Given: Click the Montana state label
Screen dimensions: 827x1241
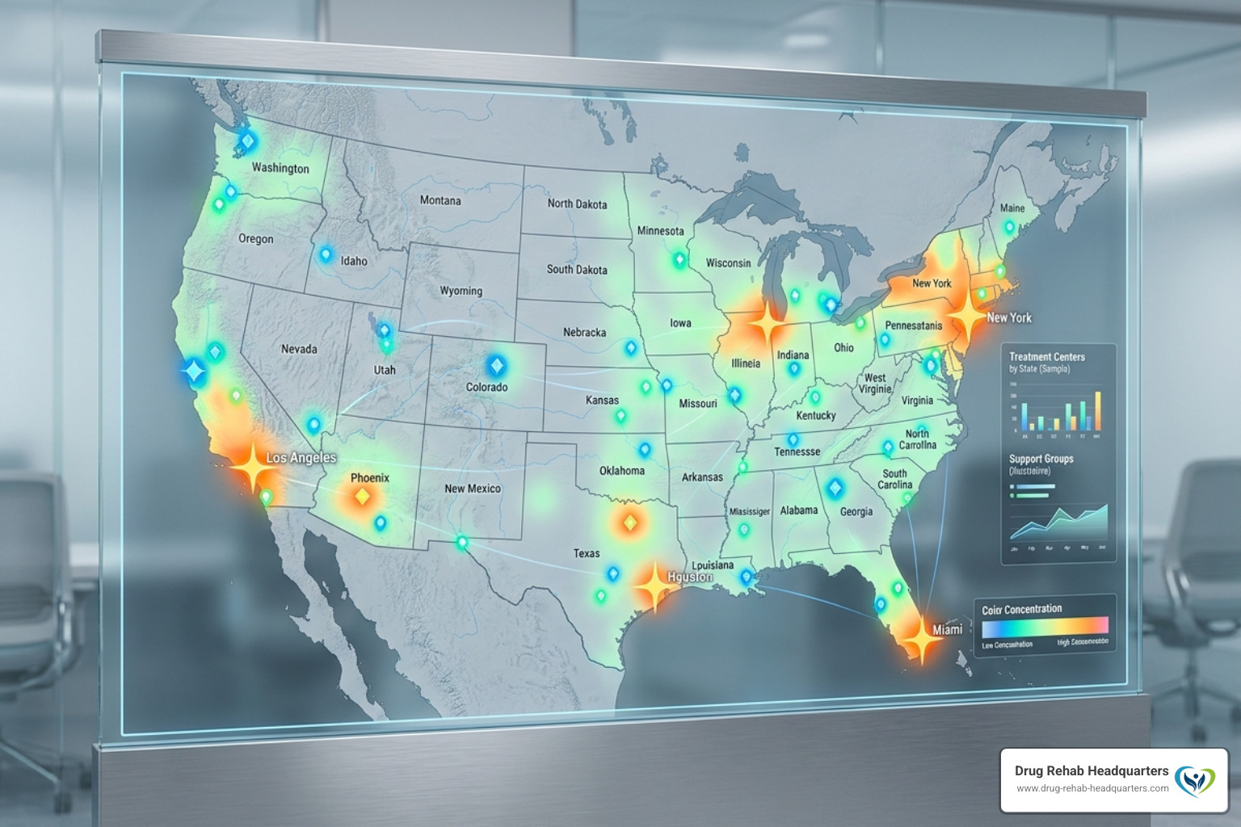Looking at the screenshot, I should coord(440,200).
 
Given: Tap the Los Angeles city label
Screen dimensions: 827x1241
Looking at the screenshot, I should coord(301,458).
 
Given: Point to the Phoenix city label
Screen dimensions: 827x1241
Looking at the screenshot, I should coord(370,478).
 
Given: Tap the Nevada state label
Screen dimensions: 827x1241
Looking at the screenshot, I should coord(299,349).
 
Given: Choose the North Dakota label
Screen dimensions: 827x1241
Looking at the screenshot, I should coord(577,204).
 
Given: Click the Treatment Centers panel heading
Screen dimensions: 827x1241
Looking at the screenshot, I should coord(1046,357).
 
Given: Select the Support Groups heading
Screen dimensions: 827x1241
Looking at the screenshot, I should coord(1041,459).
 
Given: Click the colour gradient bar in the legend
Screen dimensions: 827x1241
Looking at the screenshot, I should coord(1045,626).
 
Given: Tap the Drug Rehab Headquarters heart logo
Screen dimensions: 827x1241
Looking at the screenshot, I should coord(1195,779).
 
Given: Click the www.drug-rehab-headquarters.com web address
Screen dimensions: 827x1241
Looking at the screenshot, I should coord(1092,788).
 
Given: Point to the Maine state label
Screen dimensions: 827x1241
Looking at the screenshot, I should coord(1012,208).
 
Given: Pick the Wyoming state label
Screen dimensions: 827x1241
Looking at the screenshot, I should coord(461,291).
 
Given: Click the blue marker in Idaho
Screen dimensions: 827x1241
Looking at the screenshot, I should coord(326,255).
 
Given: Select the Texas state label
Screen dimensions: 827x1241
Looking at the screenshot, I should coord(587,553).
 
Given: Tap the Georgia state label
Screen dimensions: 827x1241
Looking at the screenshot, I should coord(856,511).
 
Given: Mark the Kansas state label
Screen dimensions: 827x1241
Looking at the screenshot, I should coord(602,400).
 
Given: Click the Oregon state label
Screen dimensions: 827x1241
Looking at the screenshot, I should coord(255,239).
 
